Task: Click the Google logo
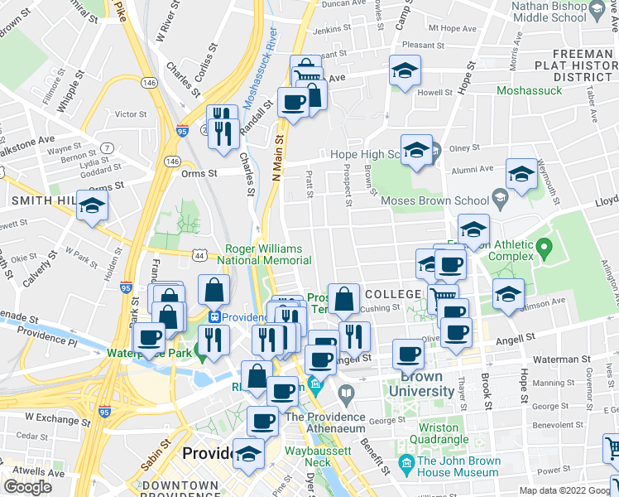click(x=27, y=487)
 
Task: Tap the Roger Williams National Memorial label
click(x=266, y=253)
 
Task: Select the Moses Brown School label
click(x=434, y=200)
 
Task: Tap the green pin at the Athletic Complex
click(x=544, y=247)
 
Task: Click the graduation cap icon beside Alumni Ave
click(x=521, y=175)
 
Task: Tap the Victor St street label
click(x=130, y=113)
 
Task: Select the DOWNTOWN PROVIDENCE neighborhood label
click(x=180, y=489)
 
